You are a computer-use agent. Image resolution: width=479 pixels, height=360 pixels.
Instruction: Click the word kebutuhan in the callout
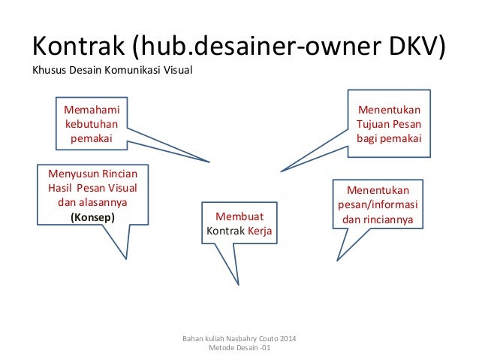pyautogui.click(x=90, y=124)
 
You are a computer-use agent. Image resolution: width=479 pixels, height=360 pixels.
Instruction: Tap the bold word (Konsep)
pyautogui.click(x=93, y=218)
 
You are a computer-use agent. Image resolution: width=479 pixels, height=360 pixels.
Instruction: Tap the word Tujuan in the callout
pyautogui.click(x=373, y=124)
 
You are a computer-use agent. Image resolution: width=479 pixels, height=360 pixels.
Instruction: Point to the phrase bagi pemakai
pyautogui.click(x=388, y=139)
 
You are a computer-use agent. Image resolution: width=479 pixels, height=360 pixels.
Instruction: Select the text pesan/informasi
pyautogui.click(x=378, y=205)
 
